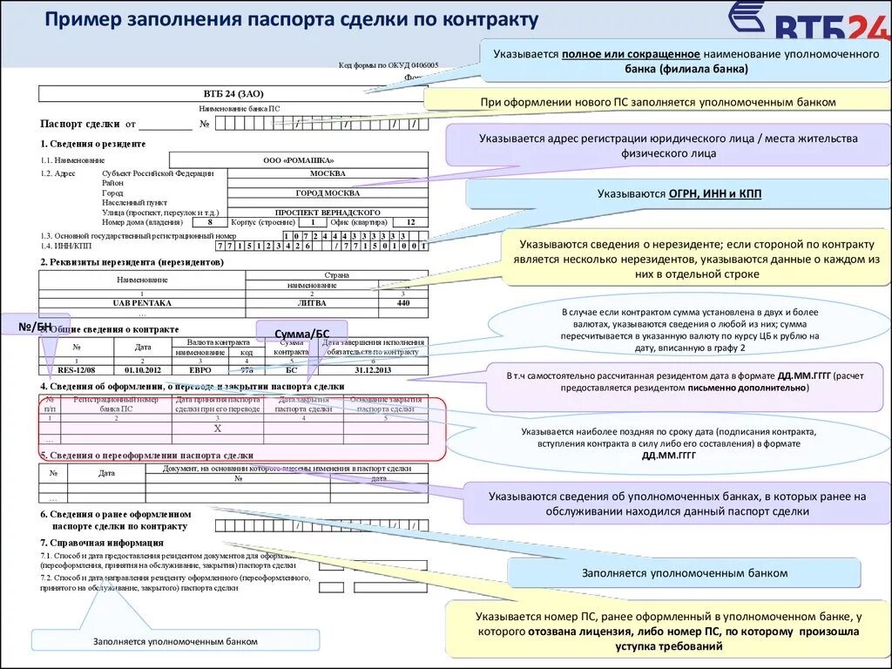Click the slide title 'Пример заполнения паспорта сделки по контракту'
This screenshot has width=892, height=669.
[x=292, y=19]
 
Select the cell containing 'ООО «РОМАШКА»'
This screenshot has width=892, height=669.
[x=298, y=160]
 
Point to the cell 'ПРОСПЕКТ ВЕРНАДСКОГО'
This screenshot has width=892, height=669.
[x=327, y=212]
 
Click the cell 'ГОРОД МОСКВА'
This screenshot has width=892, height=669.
[x=327, y=193]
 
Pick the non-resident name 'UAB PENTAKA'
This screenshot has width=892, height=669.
[x=142, y=302]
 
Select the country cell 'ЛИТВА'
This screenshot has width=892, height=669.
[x=312, y=302]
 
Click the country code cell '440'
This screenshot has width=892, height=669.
[x=402, y=302]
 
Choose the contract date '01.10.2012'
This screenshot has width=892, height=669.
[x=143, y=369]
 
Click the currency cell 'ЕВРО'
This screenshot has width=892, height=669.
[x=199, y=369]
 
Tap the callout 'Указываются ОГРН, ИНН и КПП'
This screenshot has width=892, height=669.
[x=679, y=193]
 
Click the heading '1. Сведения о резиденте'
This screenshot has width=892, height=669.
[x=93, y=143]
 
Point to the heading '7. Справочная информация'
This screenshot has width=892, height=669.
[x=103, y=543]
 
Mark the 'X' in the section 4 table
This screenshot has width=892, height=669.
[x=218, y=429]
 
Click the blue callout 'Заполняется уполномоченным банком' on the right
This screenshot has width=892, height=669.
[x=684, y=573]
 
